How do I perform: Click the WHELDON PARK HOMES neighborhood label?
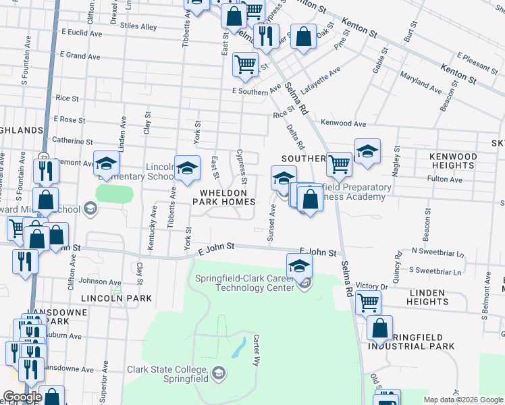[226, 196]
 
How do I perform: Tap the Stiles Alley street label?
[138, 27]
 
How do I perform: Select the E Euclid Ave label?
[82, 32]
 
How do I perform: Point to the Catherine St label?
[72, 142]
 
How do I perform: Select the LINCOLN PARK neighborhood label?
[109, 298]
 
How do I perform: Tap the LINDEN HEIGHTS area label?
[427, 297]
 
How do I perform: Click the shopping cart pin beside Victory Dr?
[368, 302]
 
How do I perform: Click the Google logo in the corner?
[22, 397]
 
